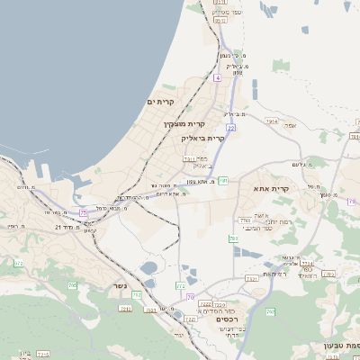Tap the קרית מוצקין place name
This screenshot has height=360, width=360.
coord(184,123)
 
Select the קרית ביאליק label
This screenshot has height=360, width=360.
coord(202,138)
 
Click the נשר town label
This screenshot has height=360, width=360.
coord(121,286)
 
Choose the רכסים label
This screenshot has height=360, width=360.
coord(227,318)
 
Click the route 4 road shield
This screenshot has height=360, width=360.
coord(217,78)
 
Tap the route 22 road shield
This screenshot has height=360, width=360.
coord(231,128)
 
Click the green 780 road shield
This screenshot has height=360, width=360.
coord(233,238)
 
